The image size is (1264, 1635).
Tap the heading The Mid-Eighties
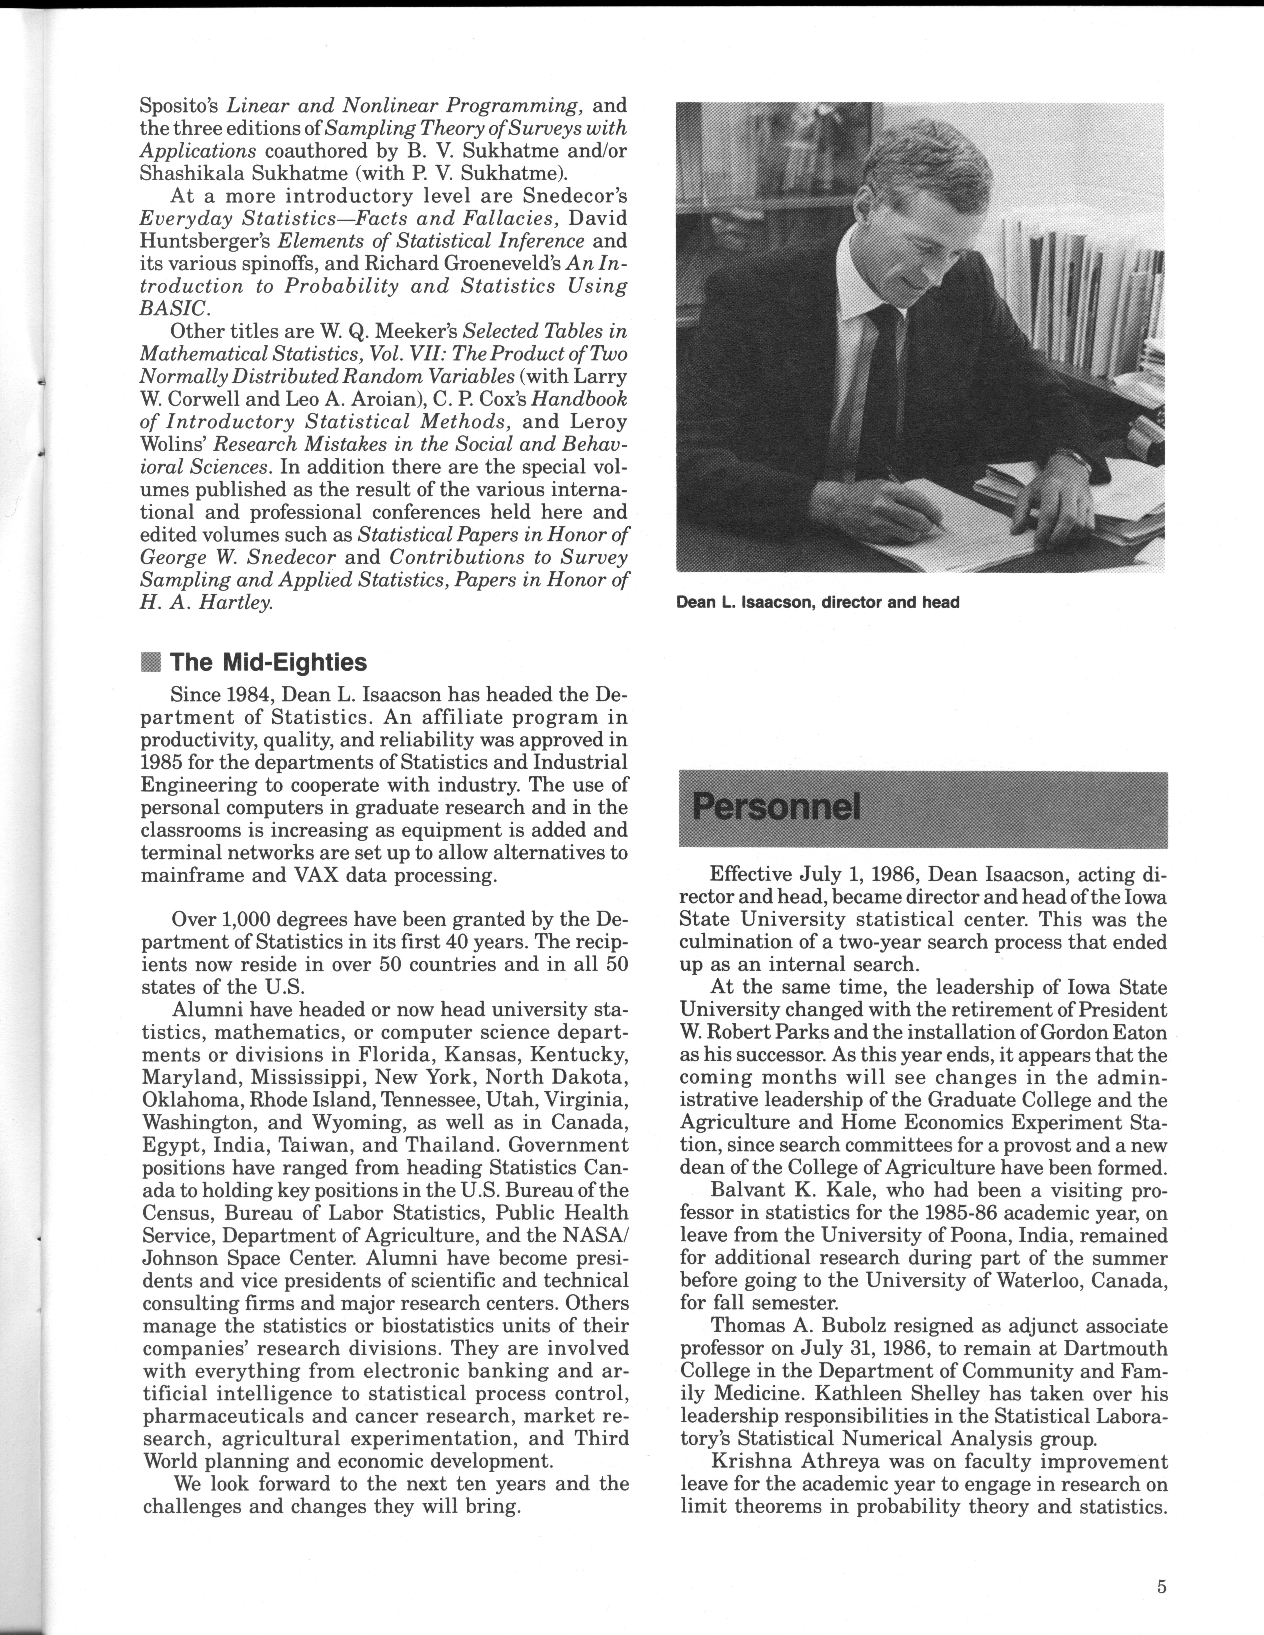pyautogui.click(x=268, y=662)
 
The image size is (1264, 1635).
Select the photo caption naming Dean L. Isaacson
pyautogui.click(x=817, y=602)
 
